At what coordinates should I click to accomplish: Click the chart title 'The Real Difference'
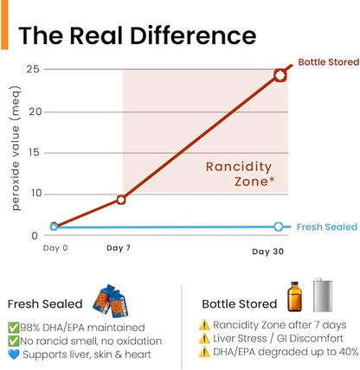(138, 35)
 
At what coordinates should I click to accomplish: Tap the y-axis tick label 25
(33, 70)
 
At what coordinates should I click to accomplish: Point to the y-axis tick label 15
(34, 153)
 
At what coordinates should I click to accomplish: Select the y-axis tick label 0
(35, 236)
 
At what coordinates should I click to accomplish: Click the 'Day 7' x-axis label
(119, 248)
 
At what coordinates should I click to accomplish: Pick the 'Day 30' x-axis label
(267, 252)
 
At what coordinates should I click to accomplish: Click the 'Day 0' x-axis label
(55, 248)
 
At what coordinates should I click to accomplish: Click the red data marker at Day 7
(121, 200)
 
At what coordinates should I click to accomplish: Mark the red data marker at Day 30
(280, 75)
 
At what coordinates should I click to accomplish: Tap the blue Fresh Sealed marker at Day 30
(279, 226)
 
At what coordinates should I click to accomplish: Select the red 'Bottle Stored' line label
(329, 62)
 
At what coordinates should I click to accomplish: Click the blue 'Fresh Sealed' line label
(327, 226)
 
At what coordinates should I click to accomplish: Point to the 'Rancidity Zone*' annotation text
(239, 174)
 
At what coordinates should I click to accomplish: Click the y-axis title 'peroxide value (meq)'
(16, 148)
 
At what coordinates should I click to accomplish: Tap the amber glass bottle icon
(294, 297)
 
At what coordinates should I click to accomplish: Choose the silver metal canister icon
(323, 295)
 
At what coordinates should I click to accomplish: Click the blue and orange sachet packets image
(111, 301)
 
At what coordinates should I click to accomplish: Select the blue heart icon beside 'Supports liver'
(14, 354)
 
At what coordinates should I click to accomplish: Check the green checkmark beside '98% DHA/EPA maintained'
(14, 328)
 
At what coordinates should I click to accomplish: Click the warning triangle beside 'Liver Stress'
(204, 339)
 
